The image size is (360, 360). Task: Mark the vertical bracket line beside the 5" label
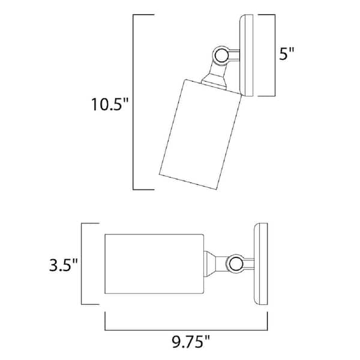(x=274, y=56)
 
